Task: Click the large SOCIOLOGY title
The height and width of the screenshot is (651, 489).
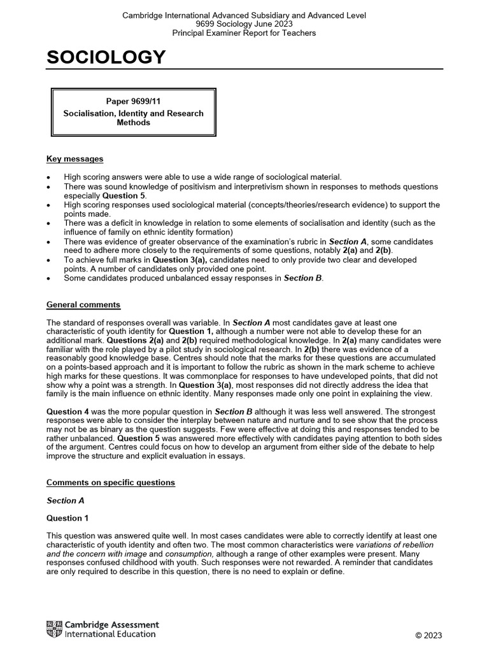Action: (106, 58)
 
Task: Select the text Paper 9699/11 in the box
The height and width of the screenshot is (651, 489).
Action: (133, 102)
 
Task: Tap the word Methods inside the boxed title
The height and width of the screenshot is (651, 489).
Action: (133, 123)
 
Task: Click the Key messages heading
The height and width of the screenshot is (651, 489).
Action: (74, 159)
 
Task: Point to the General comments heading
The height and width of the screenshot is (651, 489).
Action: (83, 305)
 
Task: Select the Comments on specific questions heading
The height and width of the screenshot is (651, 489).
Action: (110, 483)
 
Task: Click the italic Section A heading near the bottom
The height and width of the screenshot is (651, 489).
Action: (65, 500)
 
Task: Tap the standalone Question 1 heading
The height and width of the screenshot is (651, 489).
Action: (67, 518)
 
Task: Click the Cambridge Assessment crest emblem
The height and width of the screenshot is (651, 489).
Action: (54, 629)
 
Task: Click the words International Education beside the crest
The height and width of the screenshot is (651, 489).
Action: (110, 634)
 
